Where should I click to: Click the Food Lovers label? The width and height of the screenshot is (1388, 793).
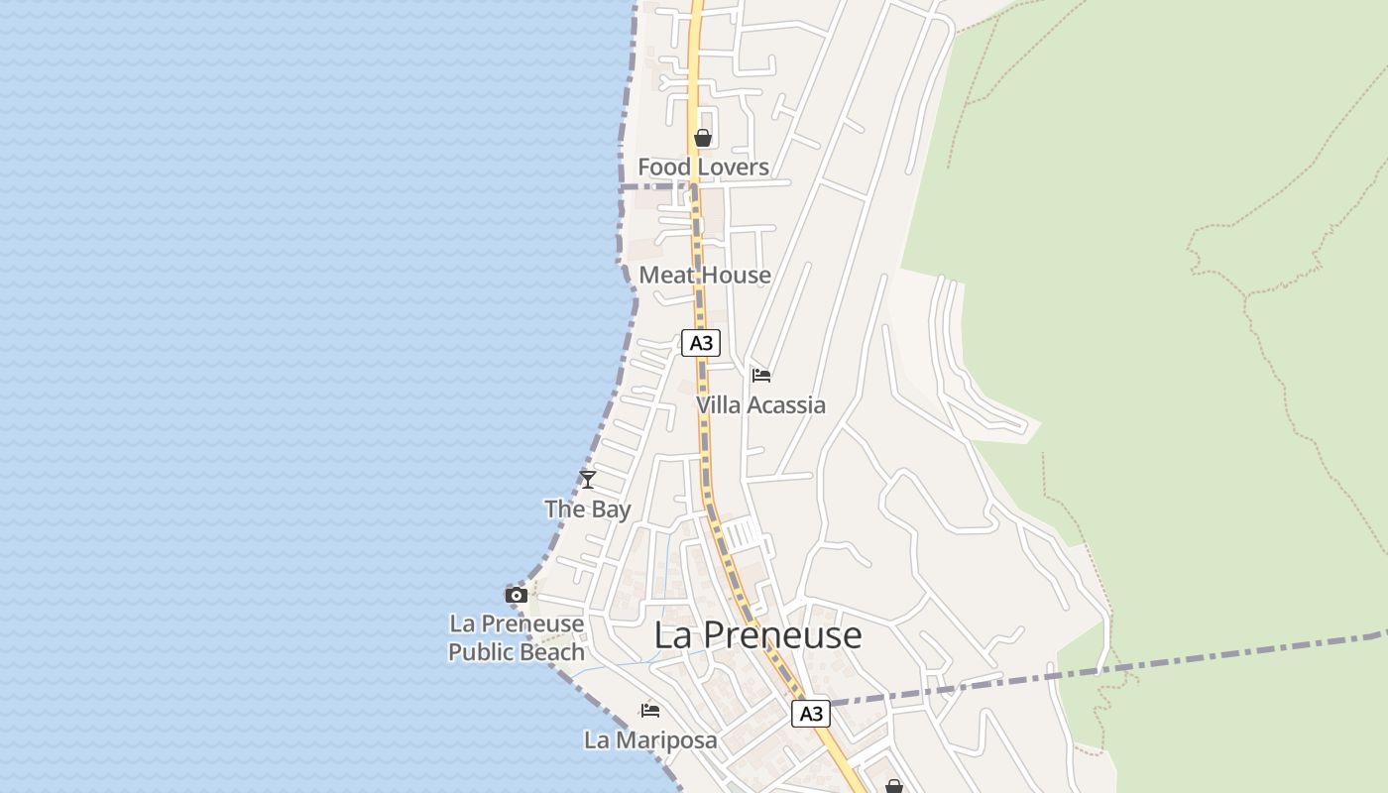coord(703,167)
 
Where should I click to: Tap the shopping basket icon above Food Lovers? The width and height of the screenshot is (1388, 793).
coord(703,138)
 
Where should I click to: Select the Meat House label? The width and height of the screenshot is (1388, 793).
coord(705,275)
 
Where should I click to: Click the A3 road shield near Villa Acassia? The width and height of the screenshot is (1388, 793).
coord(701,343)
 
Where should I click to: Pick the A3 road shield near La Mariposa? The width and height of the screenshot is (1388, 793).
coord(810,714)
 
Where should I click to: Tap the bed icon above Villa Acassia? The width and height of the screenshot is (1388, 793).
coord(761,376)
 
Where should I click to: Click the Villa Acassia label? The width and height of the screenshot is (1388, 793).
coord(760,404)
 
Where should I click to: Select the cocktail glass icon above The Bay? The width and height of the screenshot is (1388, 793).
coord(588,480)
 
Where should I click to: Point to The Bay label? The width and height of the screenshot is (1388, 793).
coord(588,510)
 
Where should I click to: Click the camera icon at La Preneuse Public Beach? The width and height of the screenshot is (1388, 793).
coord(517,595)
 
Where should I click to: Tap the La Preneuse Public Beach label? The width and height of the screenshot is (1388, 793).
coord(517,637)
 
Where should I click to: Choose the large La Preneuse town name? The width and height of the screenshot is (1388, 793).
coord(757,635)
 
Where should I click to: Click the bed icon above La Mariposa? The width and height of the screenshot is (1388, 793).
coord(650,710)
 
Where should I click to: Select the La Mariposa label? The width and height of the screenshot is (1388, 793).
coord(650,739)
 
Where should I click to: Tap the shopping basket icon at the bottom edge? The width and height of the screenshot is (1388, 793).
coord(894,786)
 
